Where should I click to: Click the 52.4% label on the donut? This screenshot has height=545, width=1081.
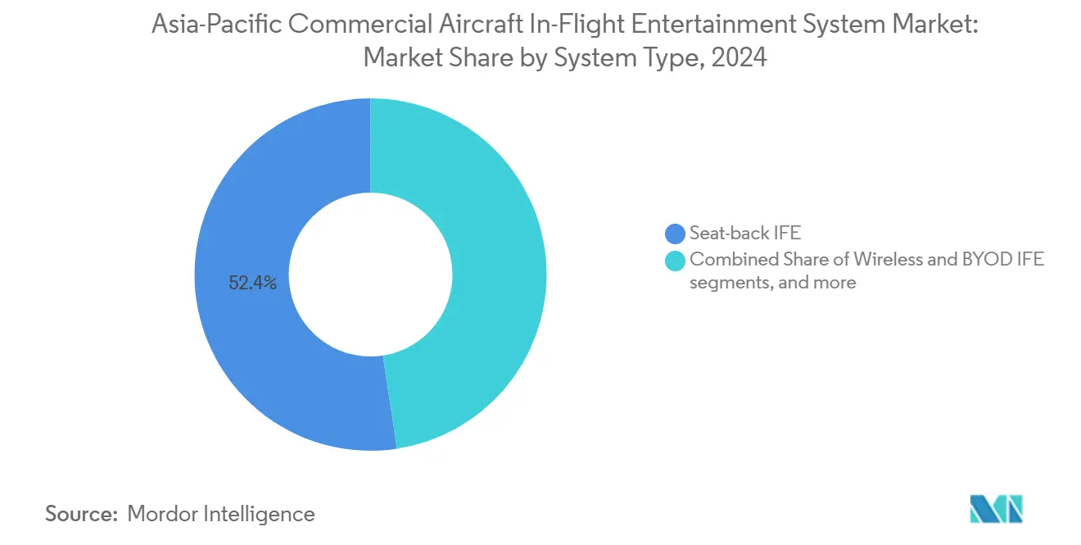(253, 284)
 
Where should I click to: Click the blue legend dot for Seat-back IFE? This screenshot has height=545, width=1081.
(676, 234)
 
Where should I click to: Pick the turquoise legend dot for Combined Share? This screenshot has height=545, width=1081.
(676, 260)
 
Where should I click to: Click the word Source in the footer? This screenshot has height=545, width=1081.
(79, 514)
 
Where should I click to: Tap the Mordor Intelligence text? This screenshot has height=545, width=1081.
(221, 514)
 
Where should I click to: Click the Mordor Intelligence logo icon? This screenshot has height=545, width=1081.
(996, 509)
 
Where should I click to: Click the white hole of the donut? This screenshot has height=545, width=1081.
(370, 275)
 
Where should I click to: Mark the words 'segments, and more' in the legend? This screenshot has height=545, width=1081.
(772, 283)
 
